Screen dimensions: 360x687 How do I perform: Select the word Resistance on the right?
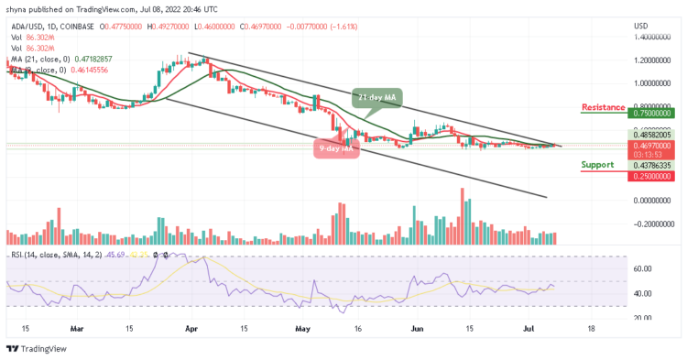[605, 107]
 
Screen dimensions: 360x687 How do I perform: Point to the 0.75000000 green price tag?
[653, 115]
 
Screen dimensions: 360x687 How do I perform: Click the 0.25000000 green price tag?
[653, 176]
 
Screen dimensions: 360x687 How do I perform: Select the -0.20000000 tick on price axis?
[653, 223]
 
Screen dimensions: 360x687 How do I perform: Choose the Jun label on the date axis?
[417, 327]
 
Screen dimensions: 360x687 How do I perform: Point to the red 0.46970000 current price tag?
[653, 145]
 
